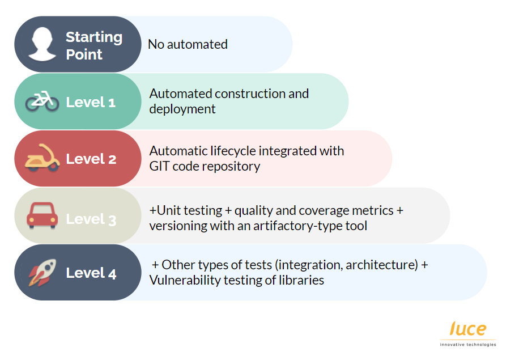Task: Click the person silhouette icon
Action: [x=42, y=44]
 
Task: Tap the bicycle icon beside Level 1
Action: [x=42, y=101]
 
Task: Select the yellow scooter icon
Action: [x=42, y=158]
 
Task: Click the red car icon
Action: [x=42, y=215]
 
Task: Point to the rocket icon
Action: [x=42, y=273]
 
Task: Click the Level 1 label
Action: [x=91, y=102]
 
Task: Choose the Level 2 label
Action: [x=91, y=159]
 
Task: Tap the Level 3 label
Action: [x=91, y=219]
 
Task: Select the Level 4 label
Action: [x=91, y=273]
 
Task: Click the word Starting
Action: [x=94, y=37]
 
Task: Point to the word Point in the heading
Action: [x=84, y=54]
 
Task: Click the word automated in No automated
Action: [x=197, y=44]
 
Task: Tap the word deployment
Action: [x=182, y=109]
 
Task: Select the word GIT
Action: [x=159, y=166]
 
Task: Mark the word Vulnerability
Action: [x=185, y=281]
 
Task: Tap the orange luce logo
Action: [x=468, y=329]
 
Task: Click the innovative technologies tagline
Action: [x=468, y=345]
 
